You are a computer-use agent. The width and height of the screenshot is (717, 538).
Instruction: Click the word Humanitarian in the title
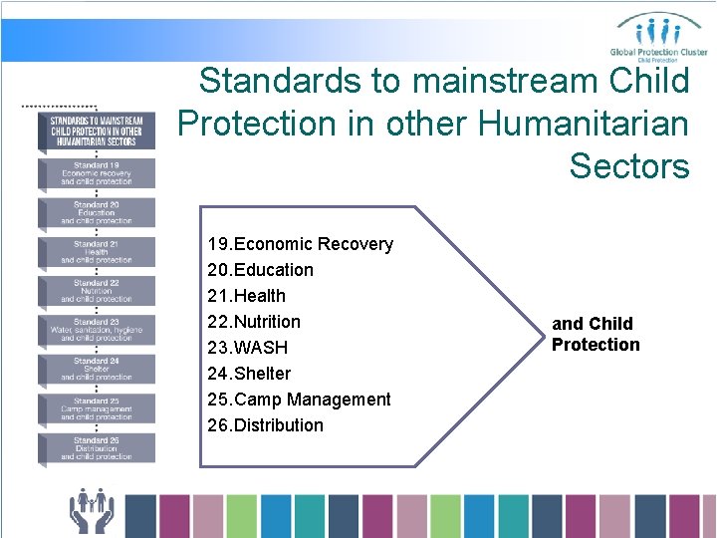[584, 124]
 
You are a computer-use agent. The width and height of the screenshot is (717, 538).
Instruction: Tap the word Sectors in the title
[629, 166]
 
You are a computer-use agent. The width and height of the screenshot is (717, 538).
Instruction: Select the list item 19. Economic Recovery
[300, 244]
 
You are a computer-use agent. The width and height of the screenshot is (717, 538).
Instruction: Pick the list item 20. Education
[260, 270]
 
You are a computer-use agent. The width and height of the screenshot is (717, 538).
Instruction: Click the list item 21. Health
[246, 296]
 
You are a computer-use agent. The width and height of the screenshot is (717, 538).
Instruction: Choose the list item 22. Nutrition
[254, 322]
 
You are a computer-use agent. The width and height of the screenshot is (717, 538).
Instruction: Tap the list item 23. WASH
[247, 348]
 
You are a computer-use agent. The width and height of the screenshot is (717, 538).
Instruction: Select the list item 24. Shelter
[249, 374]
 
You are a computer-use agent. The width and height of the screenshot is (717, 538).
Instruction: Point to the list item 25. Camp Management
[299, 400]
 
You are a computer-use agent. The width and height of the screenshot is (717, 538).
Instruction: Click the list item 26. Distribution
[265, 425]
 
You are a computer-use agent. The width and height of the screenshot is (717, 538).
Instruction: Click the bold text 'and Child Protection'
[596, 334]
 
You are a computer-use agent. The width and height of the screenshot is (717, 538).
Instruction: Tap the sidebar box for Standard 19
[97, 173]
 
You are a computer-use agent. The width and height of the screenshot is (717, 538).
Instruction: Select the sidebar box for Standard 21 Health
[97, 252]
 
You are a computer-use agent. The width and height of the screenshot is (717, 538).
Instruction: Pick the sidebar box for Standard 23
[97, 330]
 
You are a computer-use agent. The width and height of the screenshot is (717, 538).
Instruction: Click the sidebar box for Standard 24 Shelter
[97, 369]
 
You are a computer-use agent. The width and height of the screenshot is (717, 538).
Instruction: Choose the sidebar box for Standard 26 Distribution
[97, 447]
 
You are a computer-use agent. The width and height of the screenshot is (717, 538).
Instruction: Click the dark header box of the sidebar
[97, 130]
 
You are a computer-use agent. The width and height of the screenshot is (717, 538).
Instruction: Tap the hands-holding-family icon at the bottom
[92, 510]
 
